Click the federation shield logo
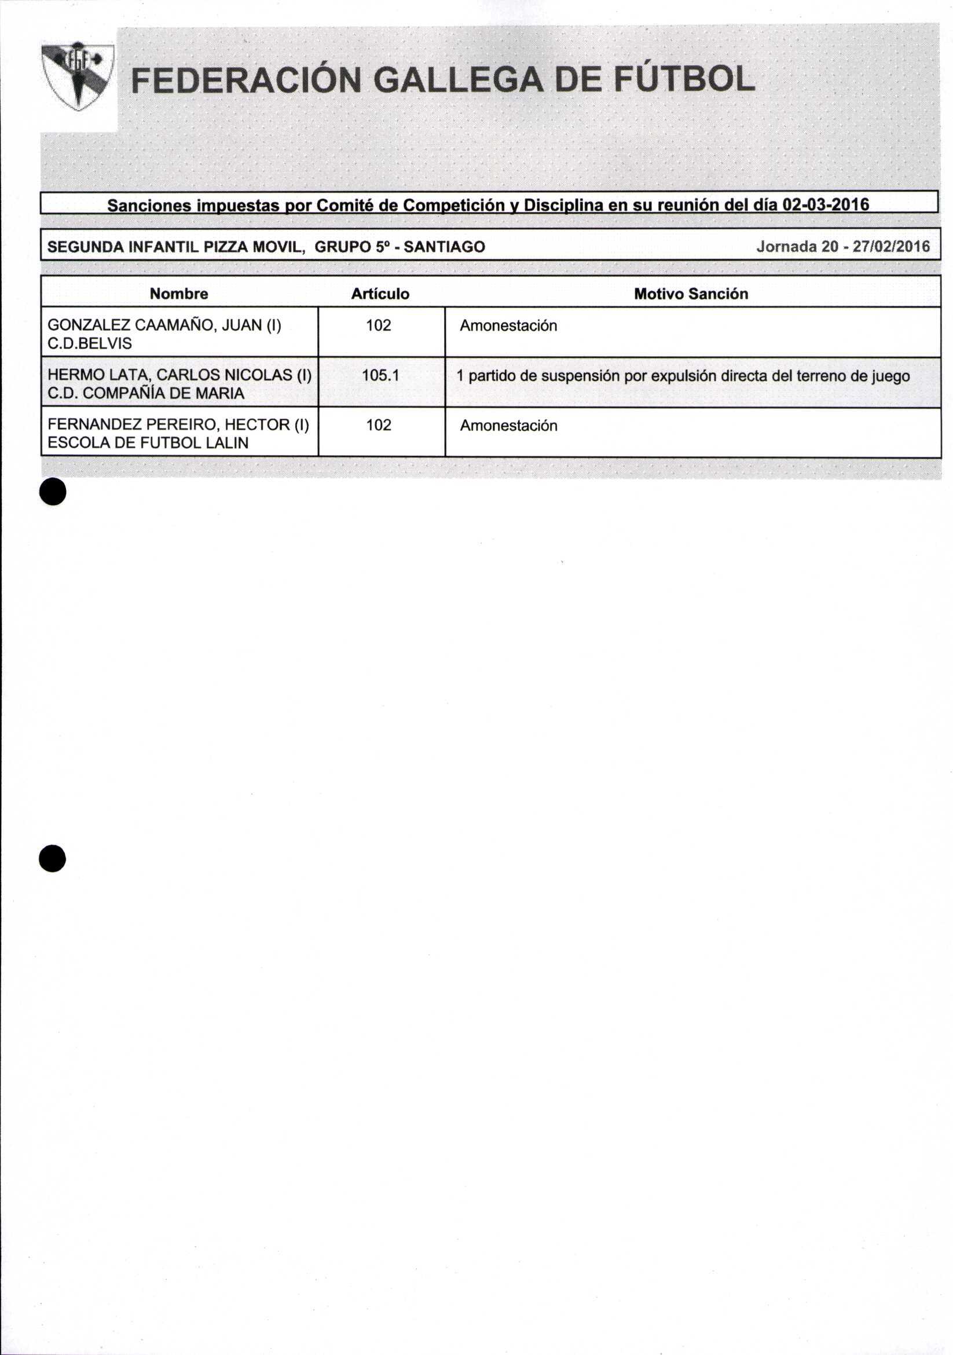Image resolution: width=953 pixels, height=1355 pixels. click(x=78, y=75)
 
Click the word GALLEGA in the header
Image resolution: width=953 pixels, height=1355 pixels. click(x=459, y=80)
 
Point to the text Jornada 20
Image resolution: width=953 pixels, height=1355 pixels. click(x=797, y=246)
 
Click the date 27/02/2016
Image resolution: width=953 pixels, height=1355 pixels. click(x=892, y=246)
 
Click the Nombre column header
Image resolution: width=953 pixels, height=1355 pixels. click(x=179, y=294)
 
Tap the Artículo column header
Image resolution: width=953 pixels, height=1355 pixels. click(x=380, y=294)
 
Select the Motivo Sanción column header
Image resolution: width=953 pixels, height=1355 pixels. click(x=690, y=294)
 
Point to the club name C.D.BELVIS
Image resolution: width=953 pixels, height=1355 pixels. click(x=90, y=343)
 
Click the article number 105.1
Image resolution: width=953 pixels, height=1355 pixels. click(x=380, y=375)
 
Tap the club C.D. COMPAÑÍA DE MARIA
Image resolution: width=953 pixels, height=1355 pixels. click(x=146, y=393)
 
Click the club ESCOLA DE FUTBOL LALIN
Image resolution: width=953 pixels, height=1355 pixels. click(x=148, y=442)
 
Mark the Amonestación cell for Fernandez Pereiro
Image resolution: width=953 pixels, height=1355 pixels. click(x=508, y=426)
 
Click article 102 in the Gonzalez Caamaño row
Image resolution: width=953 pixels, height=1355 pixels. click(x=378, y=325)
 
